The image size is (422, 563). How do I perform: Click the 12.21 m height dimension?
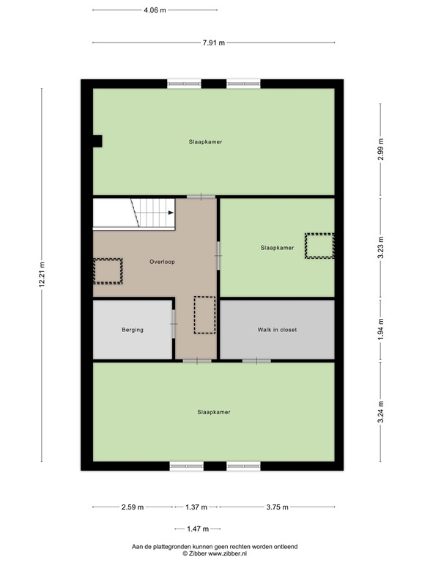(42, 276)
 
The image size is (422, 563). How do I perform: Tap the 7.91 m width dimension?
(213, 43)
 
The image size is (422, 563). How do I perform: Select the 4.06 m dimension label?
(155, 10)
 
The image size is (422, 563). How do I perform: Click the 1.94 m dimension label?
(380, 330)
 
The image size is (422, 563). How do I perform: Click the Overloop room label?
(162, 262)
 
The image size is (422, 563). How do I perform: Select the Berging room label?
(133, 330)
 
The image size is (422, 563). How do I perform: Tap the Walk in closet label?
(277, 330)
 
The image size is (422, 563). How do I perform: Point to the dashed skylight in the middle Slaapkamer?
(319, 246)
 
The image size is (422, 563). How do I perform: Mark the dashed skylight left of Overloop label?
(108, 271)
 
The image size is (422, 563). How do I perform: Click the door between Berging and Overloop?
(174, 324)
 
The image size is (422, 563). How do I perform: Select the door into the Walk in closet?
(256, 361)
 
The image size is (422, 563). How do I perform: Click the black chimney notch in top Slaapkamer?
(96, 141)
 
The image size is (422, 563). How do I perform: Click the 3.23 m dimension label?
(380, 248)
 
